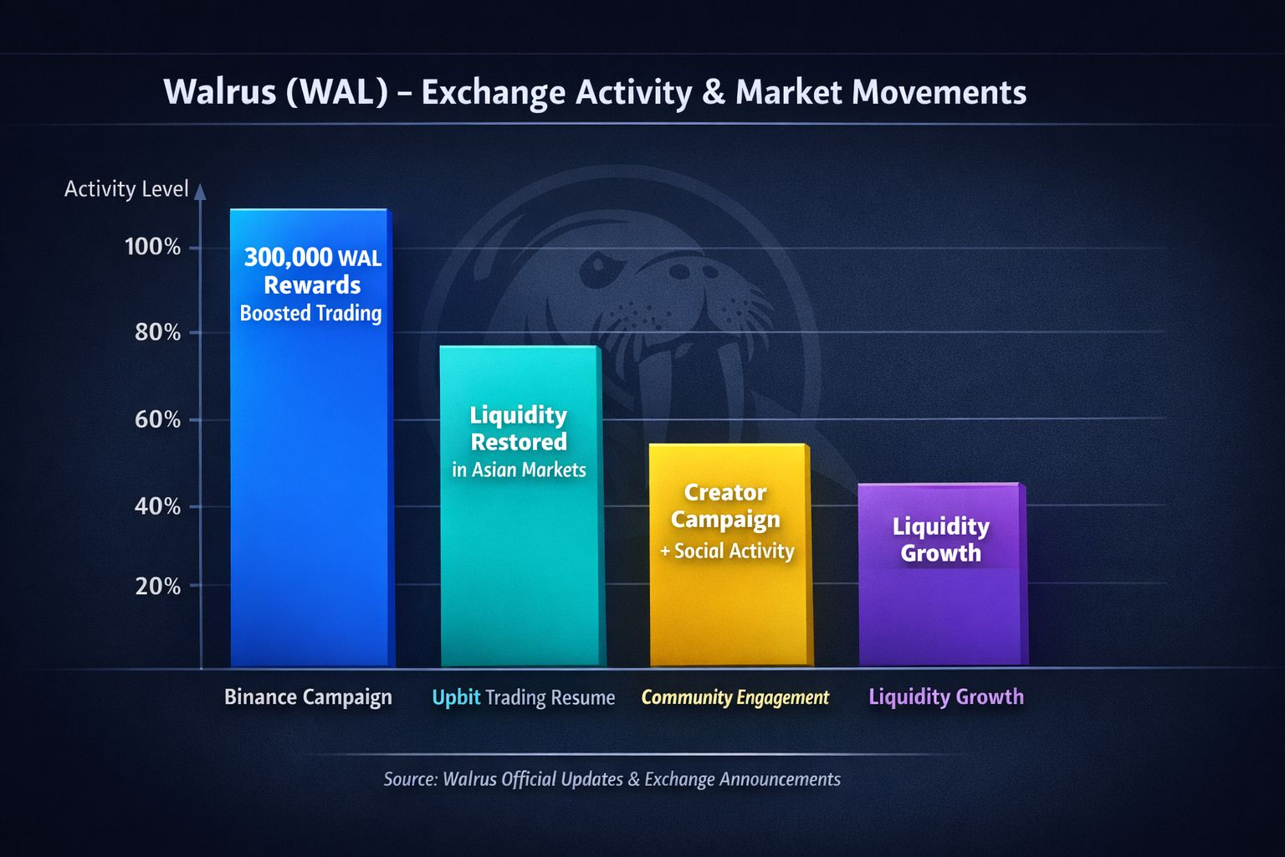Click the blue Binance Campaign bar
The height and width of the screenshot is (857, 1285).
point(311,438)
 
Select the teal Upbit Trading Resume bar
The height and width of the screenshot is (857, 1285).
point(522,505)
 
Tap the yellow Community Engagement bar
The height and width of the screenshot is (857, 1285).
point(731,555)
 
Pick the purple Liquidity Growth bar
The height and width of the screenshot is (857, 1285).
point(943,574)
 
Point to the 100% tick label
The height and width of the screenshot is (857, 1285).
point(152,247)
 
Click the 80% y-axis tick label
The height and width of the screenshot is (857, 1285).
point(157,332)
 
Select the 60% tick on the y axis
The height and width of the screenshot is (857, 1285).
point(157,419)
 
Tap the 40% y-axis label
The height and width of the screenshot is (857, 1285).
point(157,507)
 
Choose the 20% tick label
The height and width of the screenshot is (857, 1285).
point(158,587)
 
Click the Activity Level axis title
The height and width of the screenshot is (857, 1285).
point(126,189)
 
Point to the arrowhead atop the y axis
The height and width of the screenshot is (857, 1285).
point(200,191)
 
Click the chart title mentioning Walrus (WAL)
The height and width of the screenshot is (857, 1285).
point(595,92)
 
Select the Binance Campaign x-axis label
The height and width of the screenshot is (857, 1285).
point(308,697)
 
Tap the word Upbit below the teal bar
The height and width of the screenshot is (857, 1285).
point(456,697)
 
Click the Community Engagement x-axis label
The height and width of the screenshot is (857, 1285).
point(735,697)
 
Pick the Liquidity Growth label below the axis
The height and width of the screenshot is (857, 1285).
point(946,697)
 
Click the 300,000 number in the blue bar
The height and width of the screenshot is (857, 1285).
point(288,258)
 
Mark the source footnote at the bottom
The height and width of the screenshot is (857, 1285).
point(612,779)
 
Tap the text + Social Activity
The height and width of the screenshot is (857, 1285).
point(727,551)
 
